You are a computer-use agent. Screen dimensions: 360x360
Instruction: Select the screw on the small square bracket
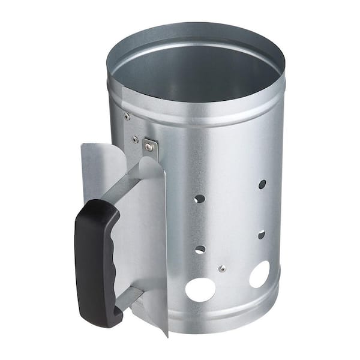pyautogui.click(x=148, y=146)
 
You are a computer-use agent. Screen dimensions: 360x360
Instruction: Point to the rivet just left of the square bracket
pyautogui.click(x=135, y=139)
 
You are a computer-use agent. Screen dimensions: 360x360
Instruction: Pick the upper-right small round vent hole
pyautogui.click(x=262, y=184)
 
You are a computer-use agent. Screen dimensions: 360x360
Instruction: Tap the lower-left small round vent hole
pyautogui.click(x=200, y=249)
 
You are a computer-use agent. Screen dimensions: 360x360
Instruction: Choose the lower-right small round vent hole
pyautogui.click(x=262, y=235)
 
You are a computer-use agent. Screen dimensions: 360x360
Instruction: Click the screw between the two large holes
pyautogui.click(x=222, y=268)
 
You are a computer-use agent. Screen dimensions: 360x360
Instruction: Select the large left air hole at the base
pyautogui.click(x=200, y=289)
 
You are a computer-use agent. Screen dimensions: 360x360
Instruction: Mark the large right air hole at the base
pyautogui.click(x=259, y=274)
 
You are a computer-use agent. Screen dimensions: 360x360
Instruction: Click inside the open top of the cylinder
pyautogui.click(x=192, y=72)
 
